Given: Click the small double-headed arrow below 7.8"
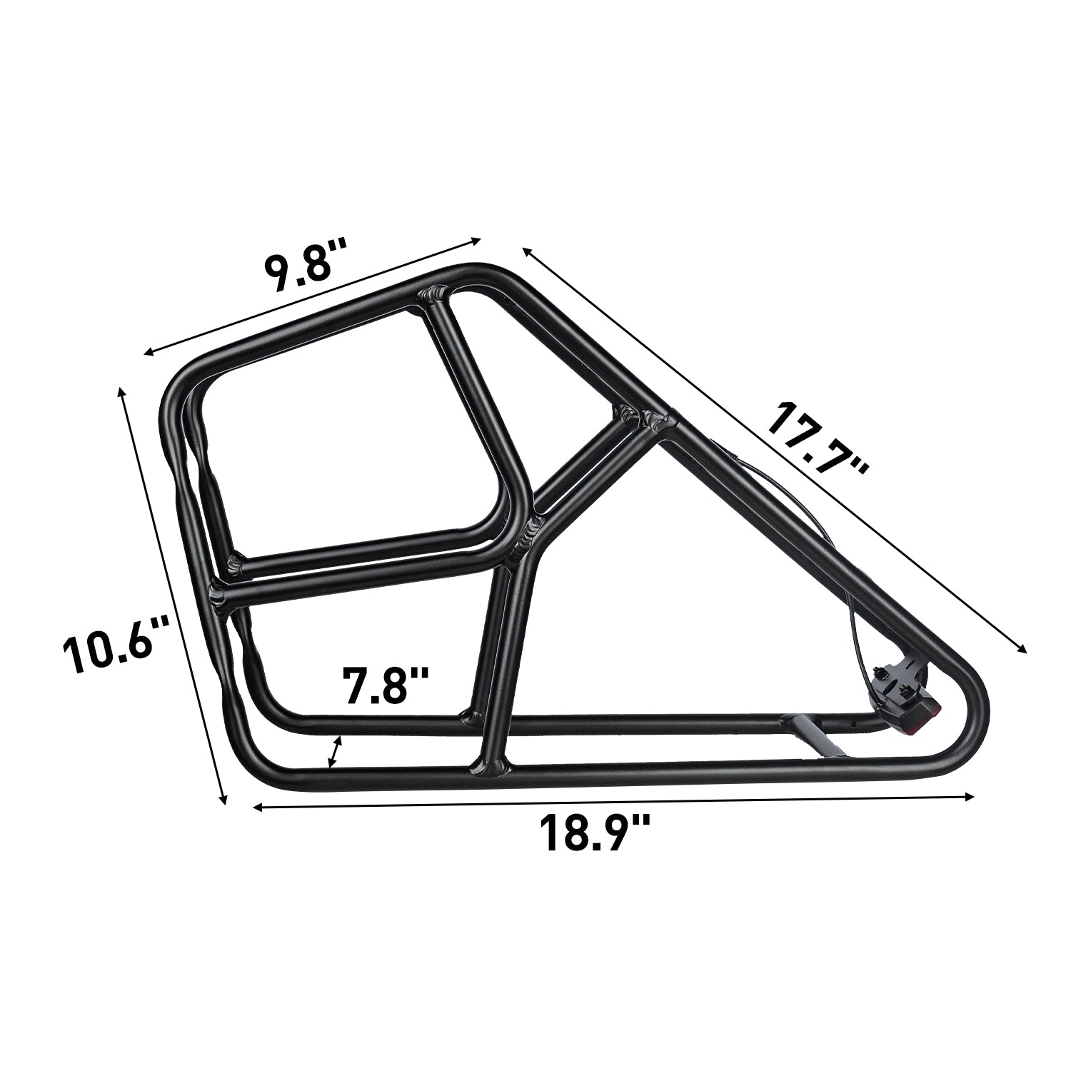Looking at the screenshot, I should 334,753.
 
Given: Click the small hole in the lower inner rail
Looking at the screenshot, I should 852,728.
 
